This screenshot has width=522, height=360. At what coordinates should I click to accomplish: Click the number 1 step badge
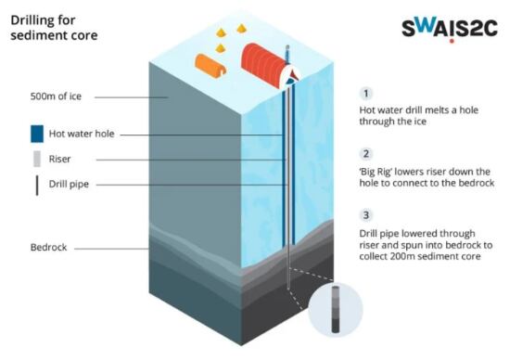(366, 93)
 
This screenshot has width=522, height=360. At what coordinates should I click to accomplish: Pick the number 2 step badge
(366, 153)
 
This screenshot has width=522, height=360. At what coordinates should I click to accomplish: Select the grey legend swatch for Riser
(37, 159)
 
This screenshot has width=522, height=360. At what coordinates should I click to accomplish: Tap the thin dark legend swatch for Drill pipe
(37, 184)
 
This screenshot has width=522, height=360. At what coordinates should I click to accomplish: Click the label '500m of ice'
(57, 96)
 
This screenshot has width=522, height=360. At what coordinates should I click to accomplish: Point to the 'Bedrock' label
(49, 248)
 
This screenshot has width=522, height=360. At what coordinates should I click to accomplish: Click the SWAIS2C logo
(450, 27)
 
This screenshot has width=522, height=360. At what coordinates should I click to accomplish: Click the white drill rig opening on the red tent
(292, 76)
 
